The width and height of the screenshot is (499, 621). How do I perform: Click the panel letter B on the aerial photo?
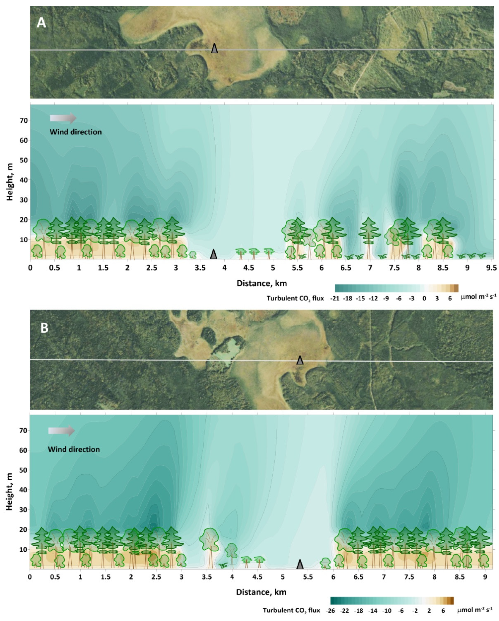tap(44, 328)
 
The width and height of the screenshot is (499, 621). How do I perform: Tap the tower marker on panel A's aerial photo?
tap(214, 48)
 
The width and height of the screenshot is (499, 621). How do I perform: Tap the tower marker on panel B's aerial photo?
tap(300, 360)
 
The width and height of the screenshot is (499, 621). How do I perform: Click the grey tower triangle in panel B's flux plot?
tap(300, 565)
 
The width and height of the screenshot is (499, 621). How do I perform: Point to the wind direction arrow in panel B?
tap(61, 431)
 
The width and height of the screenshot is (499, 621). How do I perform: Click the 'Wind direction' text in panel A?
tap(76, 132)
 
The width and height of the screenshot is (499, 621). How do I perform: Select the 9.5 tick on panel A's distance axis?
tap(491, 268)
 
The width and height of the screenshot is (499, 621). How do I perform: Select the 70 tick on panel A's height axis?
tap(24, 120)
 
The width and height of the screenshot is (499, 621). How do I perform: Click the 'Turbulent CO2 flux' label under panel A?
tap(295, 298)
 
